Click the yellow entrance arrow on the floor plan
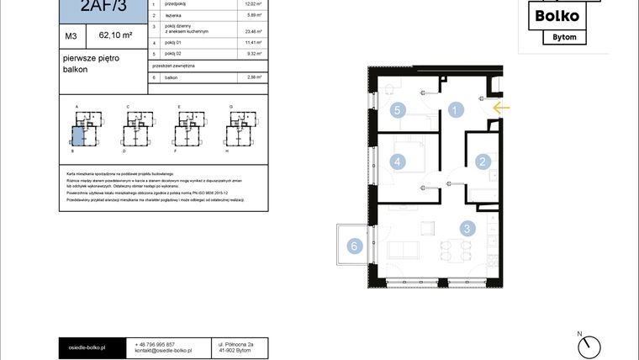pyautogui.click(x=501, y=108)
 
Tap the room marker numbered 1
pyautogui.click(x=455, y=109)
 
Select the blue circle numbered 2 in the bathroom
pyautogui.click(x=483, y=161)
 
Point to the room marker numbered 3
pyautogui.click(x=467, y=227)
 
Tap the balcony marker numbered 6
pyautogui.click(x=354, y=246)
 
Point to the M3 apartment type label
pyautogui.click(x=71, y=36)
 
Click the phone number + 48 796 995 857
pyautogui.click(x=155, y=344)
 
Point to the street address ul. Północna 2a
pyautogui.click(x=236, y=344)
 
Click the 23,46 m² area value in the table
pyautogui.click(x=249, y=30)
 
